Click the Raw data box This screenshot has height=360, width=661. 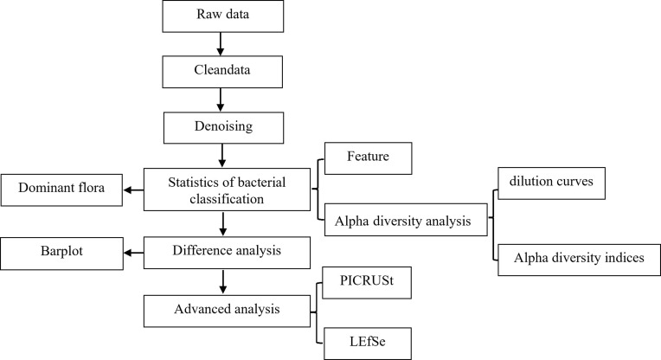(x=223, y=16)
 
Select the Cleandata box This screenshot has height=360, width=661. (x=222, y=72)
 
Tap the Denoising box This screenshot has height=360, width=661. (x=223, y=127)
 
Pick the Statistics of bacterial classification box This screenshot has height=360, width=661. (x=227, y=190)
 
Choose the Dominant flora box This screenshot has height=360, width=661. (x=61, y=190)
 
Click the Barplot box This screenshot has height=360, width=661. (x=61, y=254)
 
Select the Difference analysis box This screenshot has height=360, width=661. (x=227, y=253)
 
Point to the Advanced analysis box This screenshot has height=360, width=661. (x=227, y=311)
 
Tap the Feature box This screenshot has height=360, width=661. (x=368, y=158)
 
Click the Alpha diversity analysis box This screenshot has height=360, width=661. (x=406, y=220)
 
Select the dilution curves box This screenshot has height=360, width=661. (x=551, y=183)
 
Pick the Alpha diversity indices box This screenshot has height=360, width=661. (x=579, y=260)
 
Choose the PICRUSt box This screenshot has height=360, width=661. (x=367, y=283)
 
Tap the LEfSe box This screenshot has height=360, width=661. (x=368, y=344)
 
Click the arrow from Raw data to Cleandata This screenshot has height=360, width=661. (x=220, y=44)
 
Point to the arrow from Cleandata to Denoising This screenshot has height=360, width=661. (x=220, y=100)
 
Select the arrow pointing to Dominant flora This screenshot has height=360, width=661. (x=133, y=190)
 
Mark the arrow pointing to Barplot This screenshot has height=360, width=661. (x=133, y=253)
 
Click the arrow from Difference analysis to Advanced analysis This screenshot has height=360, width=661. (x=223, y=282)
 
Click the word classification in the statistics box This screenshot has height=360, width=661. (x=227, y=199)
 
